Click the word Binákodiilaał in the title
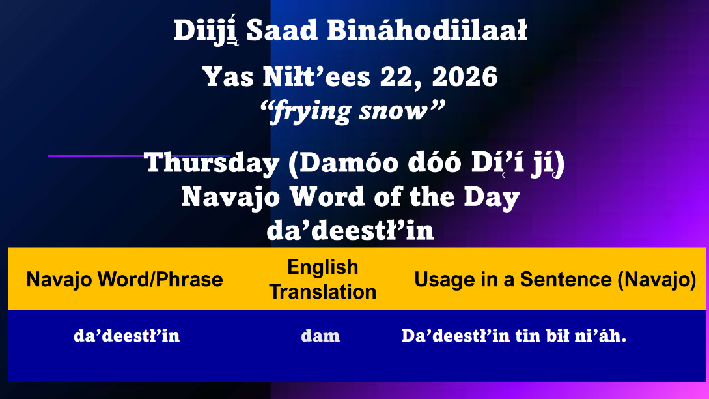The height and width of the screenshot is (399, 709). point(427,31)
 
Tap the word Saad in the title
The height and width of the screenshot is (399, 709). point(282,31)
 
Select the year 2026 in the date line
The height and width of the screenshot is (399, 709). point(464,76)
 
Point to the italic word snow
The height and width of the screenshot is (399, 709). point(393,110)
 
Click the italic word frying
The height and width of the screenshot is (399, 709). point(312,111)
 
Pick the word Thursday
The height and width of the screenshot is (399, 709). point(212,162)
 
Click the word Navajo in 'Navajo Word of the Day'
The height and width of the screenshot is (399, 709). point(230,198)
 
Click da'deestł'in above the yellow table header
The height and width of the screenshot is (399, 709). point(350,230)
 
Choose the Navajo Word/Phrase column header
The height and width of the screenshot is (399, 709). point(124,280)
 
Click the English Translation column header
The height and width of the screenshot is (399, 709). point(323,280)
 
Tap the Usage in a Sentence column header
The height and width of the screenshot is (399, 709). point(555,280)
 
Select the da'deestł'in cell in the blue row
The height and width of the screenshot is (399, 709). point(126,336)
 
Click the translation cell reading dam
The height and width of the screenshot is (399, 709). point(320,336)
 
